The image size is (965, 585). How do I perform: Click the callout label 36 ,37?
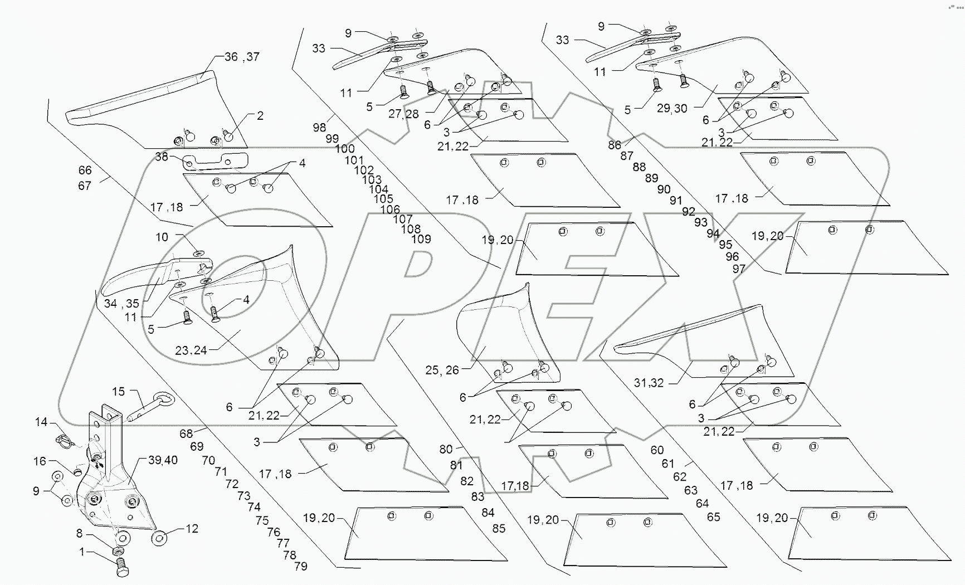[242, 57]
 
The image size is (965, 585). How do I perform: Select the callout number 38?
[162, 157]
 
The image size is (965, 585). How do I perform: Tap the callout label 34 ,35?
[121, 304]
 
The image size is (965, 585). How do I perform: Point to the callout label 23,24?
[191, 350]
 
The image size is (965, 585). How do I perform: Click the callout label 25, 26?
[442, 370]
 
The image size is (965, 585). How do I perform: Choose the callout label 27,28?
[404, 114]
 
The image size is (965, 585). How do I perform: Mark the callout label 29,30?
[672, 109]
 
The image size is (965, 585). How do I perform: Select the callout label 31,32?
[649, 383]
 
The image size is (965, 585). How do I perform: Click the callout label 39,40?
[163, 460]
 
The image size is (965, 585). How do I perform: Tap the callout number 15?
[118, 392]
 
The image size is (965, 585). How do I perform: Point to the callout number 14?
[41, 422]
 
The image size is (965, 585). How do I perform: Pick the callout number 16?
[40, 461]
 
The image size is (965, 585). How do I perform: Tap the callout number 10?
[162, 237]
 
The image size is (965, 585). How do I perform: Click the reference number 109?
[421, 239]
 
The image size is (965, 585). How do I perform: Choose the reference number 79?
[300, 567]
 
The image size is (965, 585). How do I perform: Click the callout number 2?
[260, 116]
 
